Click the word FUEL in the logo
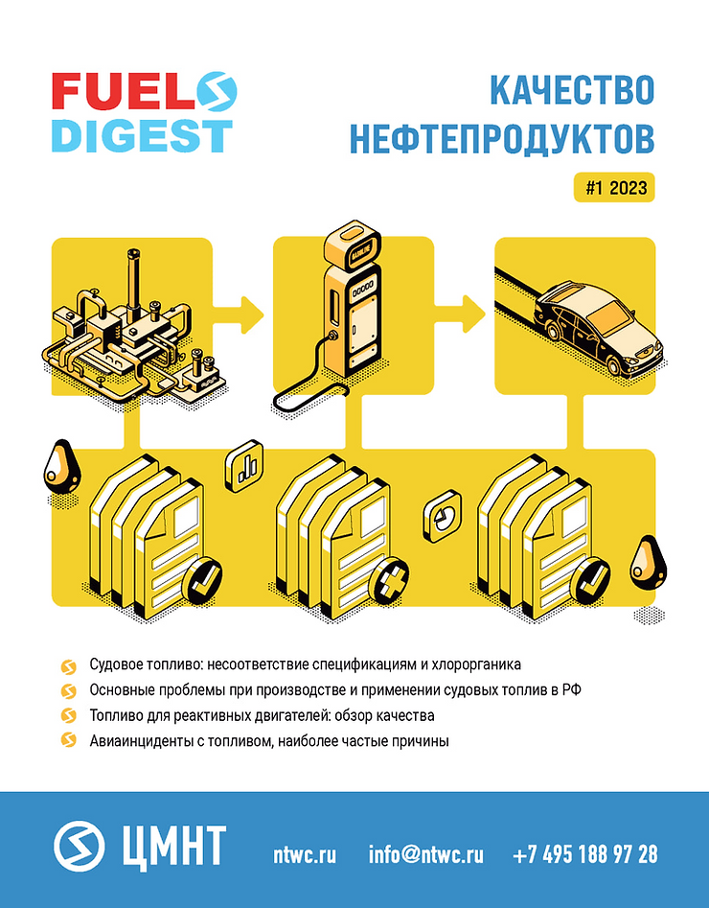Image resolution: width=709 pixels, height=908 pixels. click(123, 91)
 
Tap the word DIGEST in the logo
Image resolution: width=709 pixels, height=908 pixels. click(142, 135)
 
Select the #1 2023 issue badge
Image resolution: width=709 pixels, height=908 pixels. click(614, 188)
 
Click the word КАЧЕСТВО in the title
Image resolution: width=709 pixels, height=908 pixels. click(572, 91)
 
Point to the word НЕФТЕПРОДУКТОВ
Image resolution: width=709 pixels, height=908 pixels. click(502, 140)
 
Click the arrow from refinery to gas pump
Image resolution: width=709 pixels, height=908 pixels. click(238, 314)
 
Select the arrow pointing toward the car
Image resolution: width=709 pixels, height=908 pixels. click(460, 314)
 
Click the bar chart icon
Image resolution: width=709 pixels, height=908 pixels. click(243, 467)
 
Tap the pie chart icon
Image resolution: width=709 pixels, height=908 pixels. click(443, 516)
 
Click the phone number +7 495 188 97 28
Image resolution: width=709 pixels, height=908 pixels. click(585, 854)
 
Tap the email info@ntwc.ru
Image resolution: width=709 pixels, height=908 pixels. click(426, 854)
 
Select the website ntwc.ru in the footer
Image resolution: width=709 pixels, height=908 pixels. click(305, 854)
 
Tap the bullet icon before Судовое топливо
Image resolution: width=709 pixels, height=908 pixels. click(69, 666)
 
